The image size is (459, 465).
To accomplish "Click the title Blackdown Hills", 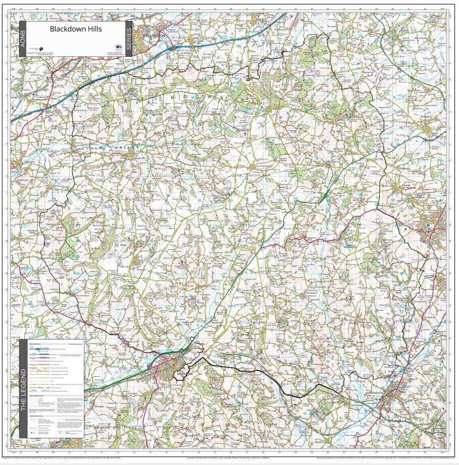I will [x=76, y=29].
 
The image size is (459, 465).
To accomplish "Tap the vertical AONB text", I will [x=22, y=39].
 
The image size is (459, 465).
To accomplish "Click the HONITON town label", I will [x=183, y=374].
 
